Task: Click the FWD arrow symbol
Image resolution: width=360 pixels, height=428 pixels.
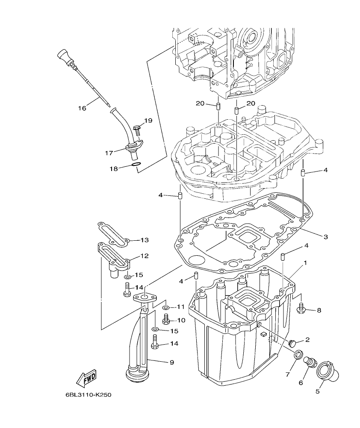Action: [87, 378]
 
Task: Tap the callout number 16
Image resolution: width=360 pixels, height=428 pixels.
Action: [82, 108]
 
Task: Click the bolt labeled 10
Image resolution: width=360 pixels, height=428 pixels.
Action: [167, 319]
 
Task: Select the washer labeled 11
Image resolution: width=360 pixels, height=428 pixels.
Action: [167, 307]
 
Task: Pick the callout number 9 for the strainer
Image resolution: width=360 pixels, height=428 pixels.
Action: [171, 362]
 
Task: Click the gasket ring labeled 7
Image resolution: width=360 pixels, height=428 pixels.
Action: [299, 354]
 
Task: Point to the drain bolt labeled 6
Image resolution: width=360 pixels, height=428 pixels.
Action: [310, 363]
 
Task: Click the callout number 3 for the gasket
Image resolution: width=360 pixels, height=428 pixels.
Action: [326, 236]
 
